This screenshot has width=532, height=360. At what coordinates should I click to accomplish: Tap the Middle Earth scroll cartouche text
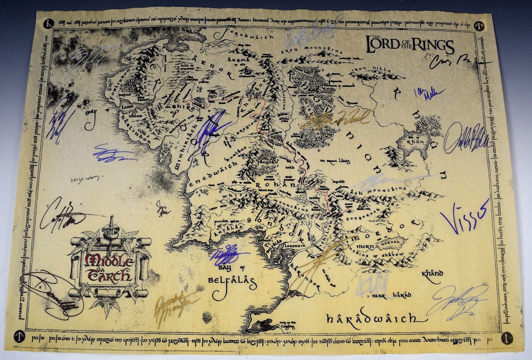(x=108, y=267)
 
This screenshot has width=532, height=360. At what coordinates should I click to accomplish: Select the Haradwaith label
(x=370, y=319)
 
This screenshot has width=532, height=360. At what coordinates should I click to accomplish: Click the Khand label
(x=433, y=274)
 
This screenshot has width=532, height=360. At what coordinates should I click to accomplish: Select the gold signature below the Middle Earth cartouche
(x=176, y=303)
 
